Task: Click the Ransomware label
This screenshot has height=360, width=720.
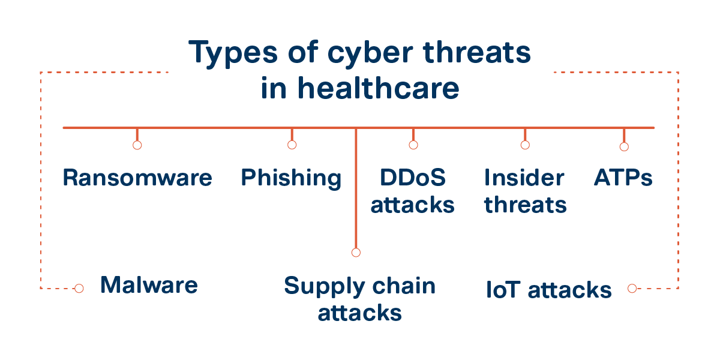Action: pyautogui.click(x=137, y=178)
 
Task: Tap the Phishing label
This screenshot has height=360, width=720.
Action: pyautogui.click(x=291, y=178)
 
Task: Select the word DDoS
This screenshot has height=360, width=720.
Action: pyautogui.click(x=413, y=178)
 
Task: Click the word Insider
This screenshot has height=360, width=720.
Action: pyautogui.click(x=524, y=178)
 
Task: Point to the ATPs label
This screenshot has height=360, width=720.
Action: pyautogui.click(x=623, y=178)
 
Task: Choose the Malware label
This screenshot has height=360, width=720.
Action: pyautogui.click(x=149, y=284)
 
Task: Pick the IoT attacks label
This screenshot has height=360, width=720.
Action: pyautogui.click(x=548, y=290)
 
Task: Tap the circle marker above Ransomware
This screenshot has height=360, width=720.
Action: pyautogui.click(x=137, y=145)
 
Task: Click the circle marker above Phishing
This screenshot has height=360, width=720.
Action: pyautogui.click(x=292, y=145)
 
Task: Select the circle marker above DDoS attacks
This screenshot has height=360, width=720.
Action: pyautogui.click(x=413, y=145)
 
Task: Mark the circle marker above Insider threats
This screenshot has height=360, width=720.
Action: pyautogui.click(x=525, y=145)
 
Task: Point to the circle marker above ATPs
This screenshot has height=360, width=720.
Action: pyautogui.click(x=624, y=146)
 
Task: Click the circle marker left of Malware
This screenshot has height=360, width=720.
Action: pyautogui.click(x=79, y=289)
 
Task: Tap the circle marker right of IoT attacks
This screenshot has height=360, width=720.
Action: pyautogui.click(x=632, y=289)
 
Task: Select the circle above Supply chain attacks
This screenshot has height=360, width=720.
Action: pyautogui.click(x=356, y=253)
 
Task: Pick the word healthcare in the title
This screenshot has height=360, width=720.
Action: pyautogui.click(x=378, y=89)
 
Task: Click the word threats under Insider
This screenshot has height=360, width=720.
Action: pyautogui.click(x=526, y=205)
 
